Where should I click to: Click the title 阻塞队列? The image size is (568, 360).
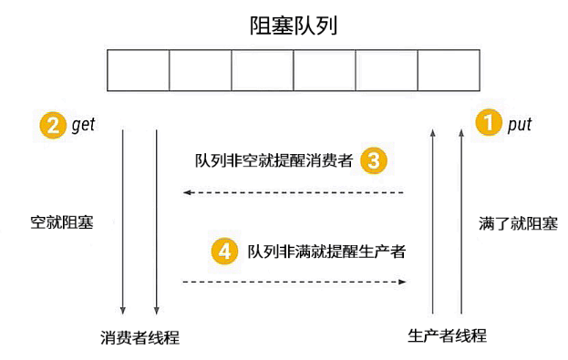pos(294,26)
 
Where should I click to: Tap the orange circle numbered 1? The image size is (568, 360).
pos(489,122)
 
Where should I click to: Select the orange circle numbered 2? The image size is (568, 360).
pos(53,125)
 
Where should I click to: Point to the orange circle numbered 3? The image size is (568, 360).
pos(374,160)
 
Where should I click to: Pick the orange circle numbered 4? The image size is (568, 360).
pos(224,251)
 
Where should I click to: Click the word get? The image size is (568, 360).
pos(83,125)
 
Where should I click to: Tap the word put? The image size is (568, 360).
pos(520,125)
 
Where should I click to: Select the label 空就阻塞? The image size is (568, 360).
pos(62,222)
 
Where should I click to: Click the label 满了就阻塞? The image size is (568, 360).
pos(518,223)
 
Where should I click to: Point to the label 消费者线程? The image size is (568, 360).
pos(139,337)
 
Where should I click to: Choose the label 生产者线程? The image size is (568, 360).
pos(447,335)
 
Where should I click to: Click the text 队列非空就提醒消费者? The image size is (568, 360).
pos(274,160)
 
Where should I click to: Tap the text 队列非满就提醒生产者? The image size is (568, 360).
pos(326,252)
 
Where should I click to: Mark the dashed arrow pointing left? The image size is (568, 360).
pos(294,192)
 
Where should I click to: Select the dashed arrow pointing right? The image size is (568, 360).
pos(294,282)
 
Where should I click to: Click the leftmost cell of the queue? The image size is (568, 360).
pos(139,70)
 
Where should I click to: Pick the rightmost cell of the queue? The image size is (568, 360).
pos(449,70)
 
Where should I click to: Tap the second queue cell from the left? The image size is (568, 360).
pos(201,70)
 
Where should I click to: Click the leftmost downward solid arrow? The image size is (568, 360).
pos(123,221)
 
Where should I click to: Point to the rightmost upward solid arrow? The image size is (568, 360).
pos(461,221)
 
